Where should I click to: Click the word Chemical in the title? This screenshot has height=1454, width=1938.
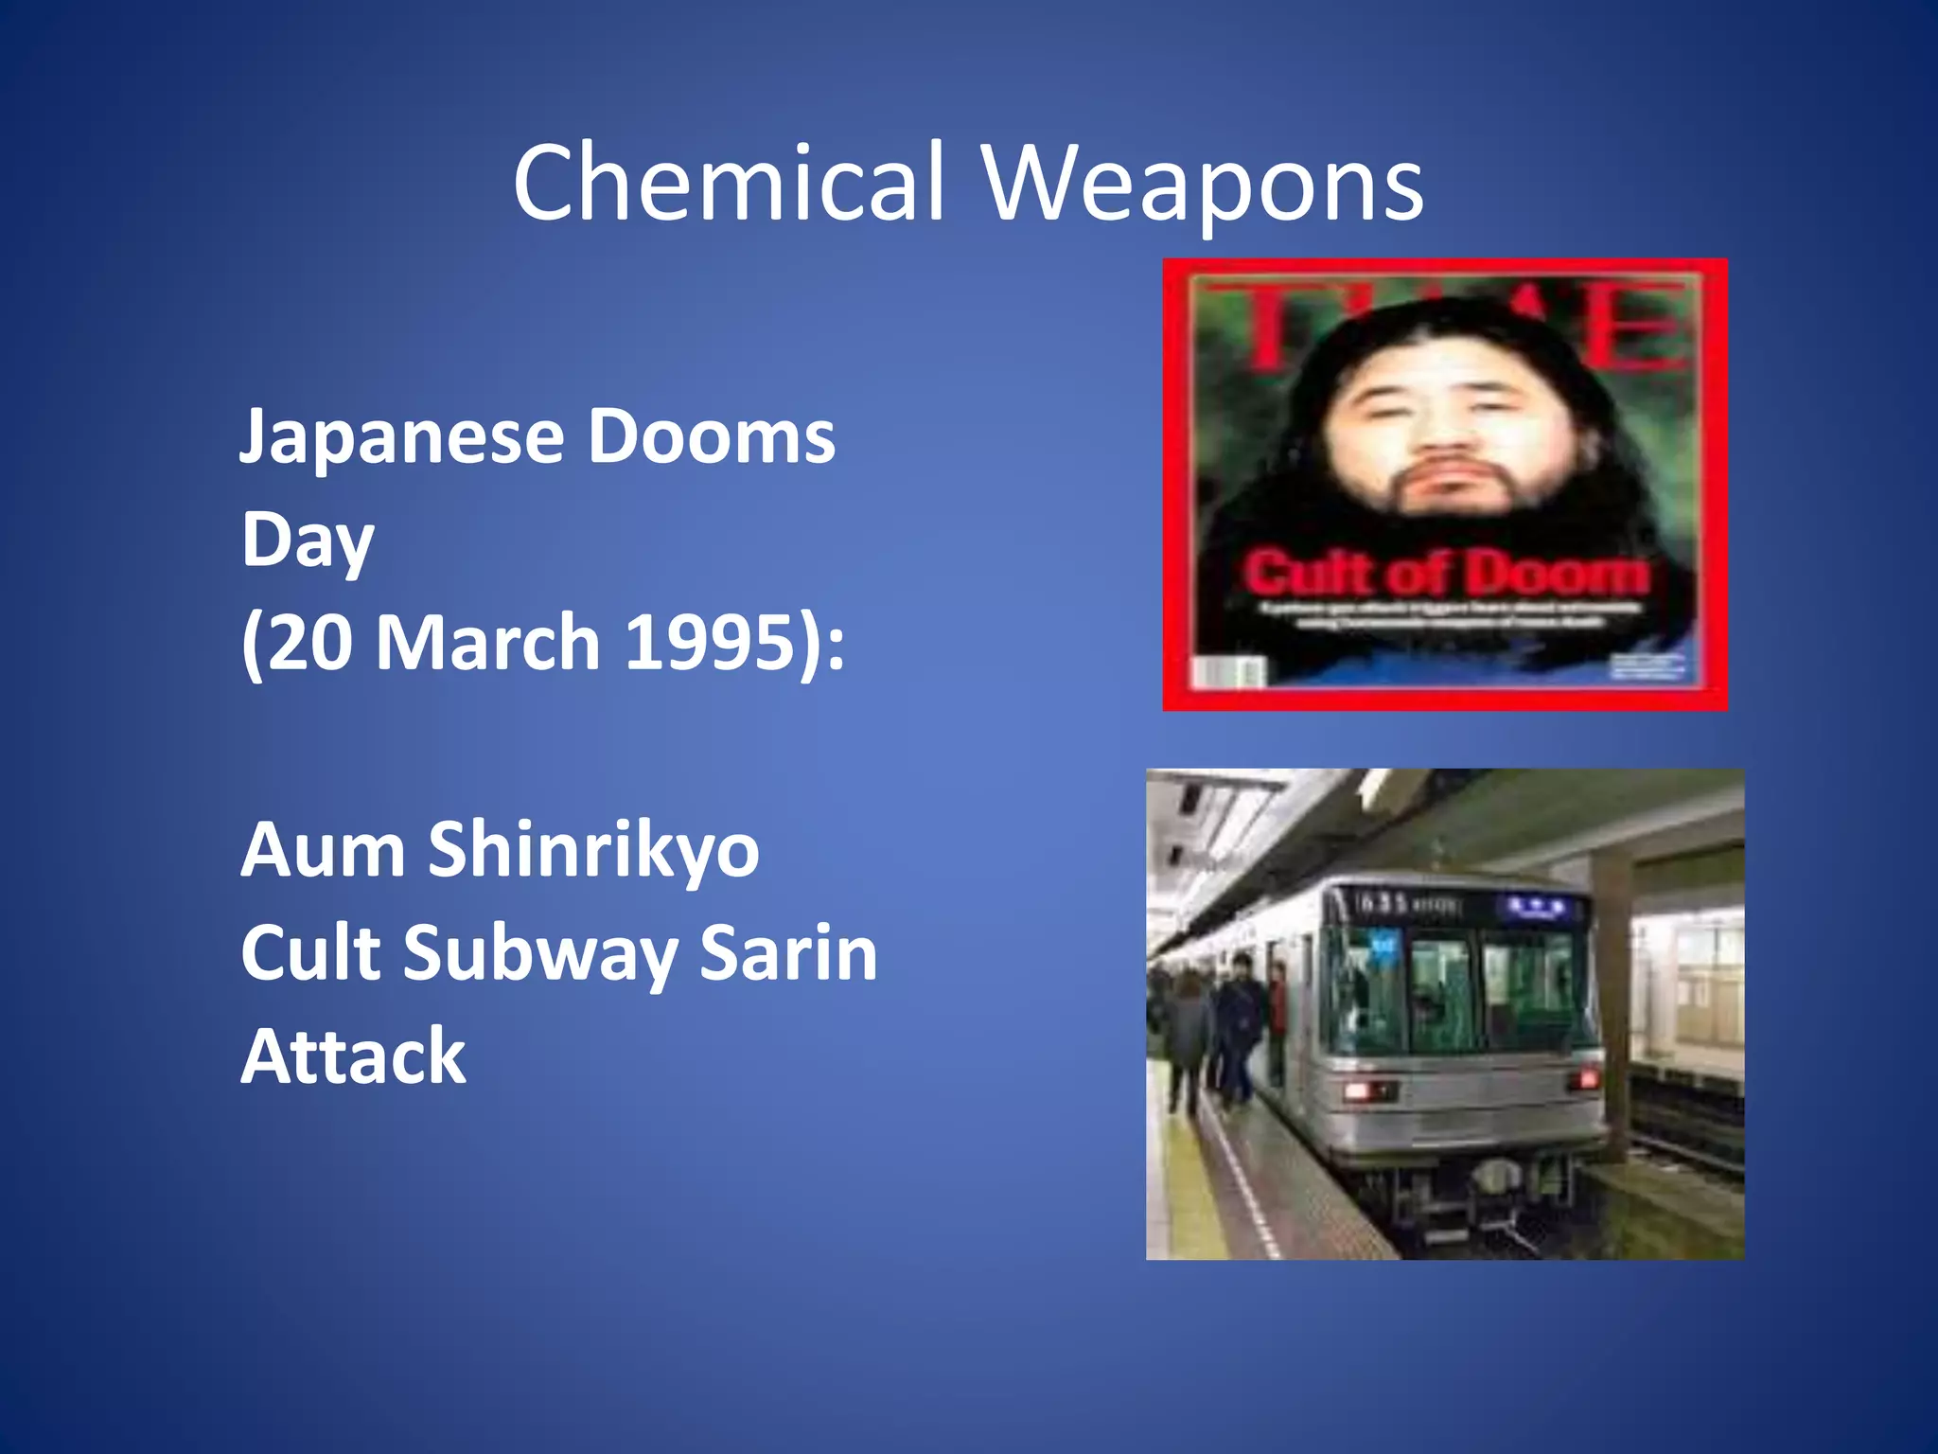(x=729, y=182)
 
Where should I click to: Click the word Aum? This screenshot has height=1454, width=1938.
(x=323, y=849)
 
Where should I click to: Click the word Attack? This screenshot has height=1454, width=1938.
(x=353, y=1055)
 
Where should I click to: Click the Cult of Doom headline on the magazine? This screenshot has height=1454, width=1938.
(x=1445, y=573)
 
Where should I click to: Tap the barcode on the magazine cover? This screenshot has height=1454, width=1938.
(x=1228, y=672)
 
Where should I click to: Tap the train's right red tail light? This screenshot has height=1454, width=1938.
(x=1584, y=1078)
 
